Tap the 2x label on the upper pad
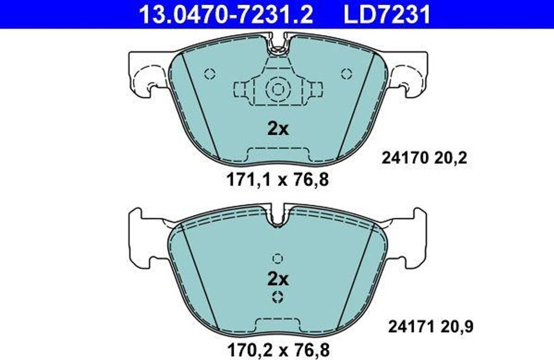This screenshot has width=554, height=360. tap(278, 129)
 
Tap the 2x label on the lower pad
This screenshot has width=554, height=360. tap(278, 279)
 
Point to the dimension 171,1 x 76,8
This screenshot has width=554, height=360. tap(278, 180)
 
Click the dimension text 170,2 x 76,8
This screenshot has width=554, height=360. tap(278, 350)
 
